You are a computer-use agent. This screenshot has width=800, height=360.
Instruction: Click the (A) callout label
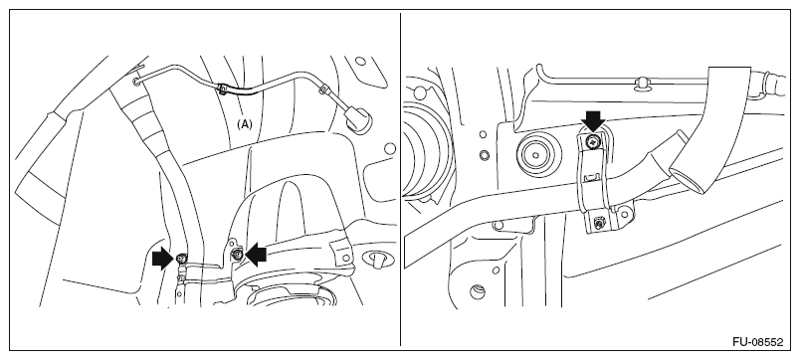point(245,124)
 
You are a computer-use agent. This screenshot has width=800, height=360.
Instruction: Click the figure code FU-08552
point(757,342)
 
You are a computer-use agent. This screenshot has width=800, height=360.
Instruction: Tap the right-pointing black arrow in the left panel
point(163,259)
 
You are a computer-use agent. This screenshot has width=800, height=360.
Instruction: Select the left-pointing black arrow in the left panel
point(256,254)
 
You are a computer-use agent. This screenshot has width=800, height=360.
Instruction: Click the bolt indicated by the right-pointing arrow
point(181,259)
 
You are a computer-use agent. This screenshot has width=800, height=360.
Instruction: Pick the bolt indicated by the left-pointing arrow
point(237,254)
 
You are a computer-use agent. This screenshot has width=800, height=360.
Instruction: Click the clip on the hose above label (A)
point(222,89)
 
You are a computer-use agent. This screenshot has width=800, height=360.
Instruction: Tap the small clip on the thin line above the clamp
point(642,84)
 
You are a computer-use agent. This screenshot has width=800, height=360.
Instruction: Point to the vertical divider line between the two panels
point(401,179)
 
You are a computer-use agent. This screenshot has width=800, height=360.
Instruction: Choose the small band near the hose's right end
point(323,90)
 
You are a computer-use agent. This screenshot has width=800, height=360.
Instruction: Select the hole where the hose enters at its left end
point(136,81)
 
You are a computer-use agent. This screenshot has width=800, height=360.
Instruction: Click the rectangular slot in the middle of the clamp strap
point(590,176)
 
